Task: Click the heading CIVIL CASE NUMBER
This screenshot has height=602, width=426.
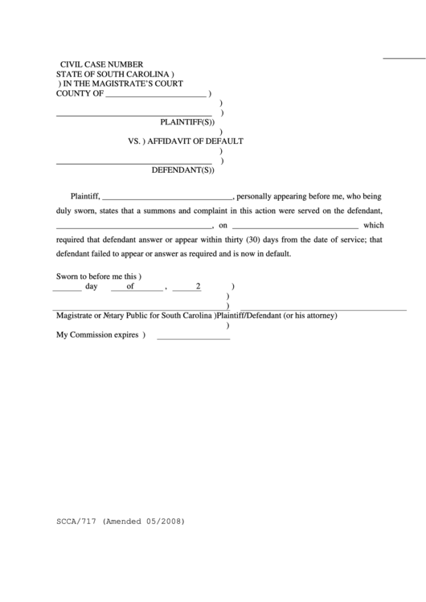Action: tap(102, 63)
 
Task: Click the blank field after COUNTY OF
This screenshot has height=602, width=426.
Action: tap(156, 94)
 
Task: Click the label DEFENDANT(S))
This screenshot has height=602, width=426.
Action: tap(183, 170)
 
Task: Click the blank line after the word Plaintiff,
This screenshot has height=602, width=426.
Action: tap(167, 196)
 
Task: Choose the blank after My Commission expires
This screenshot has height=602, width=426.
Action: tap(193, 337)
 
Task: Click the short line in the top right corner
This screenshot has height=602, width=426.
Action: tap(403, 58)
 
